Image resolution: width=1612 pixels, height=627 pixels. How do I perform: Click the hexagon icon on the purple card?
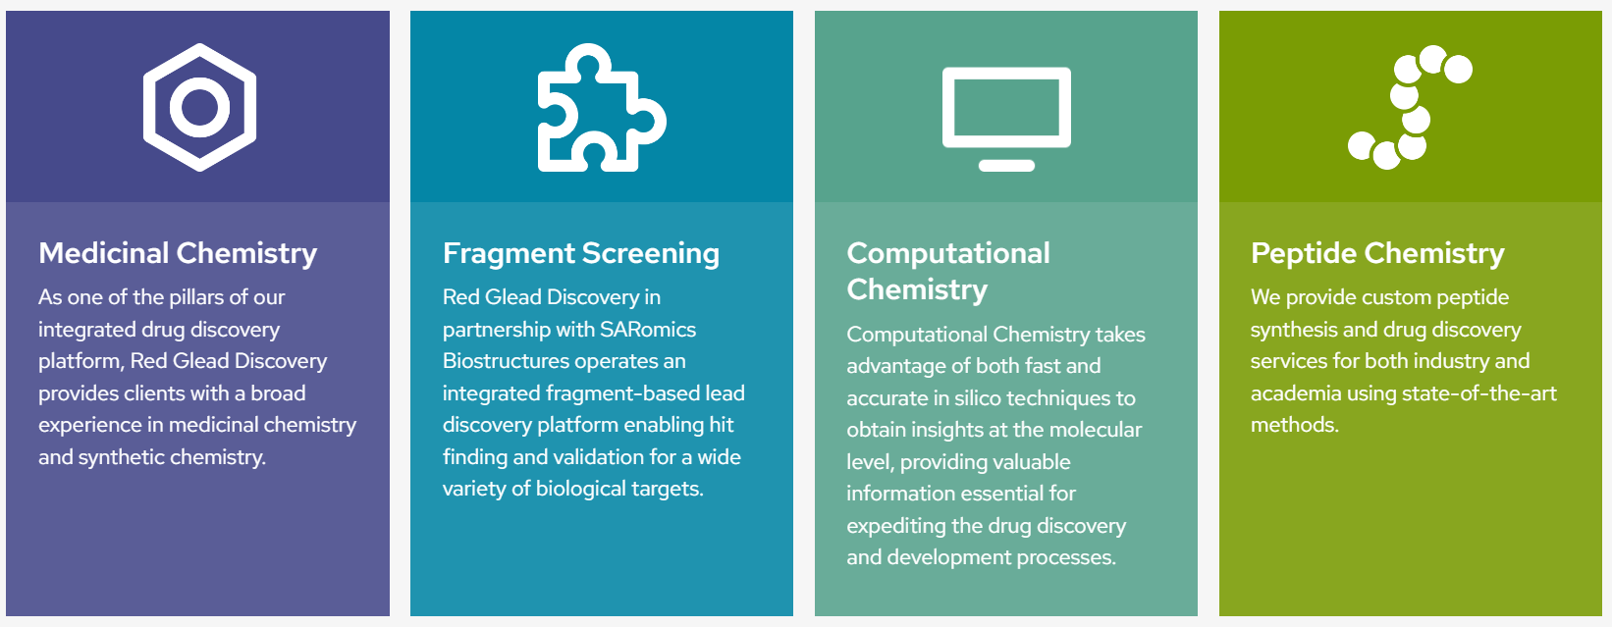click(x=152, y=108)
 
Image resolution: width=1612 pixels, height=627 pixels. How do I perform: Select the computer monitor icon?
click(x=1006, y=72)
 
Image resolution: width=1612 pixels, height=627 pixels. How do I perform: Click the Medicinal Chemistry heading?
click(x=178, y=253)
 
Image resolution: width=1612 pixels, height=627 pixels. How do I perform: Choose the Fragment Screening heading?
click(x=581, y=253)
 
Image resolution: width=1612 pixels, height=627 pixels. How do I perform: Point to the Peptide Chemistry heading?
click(x=1377, y=253)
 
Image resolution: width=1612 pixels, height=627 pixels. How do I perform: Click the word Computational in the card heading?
click(x=947, y=253)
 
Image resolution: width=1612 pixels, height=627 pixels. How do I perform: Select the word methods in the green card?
click(x=1295, y=425)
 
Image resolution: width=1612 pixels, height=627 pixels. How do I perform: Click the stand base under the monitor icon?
click(x=1006, y=166)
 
